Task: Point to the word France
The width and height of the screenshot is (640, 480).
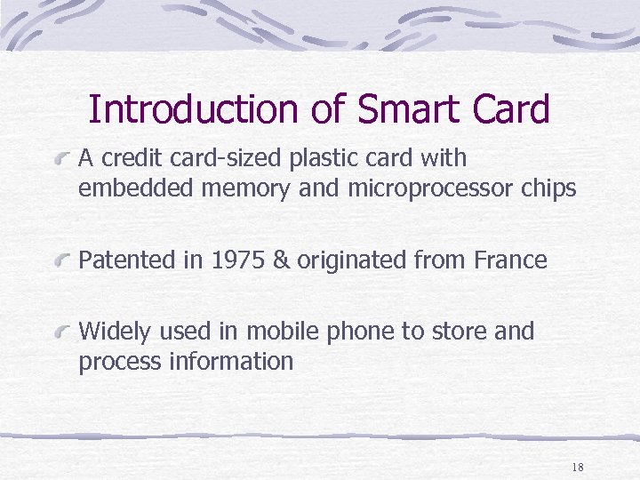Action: tap(510, 260)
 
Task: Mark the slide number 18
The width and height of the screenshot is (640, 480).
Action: tap(578, 468)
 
